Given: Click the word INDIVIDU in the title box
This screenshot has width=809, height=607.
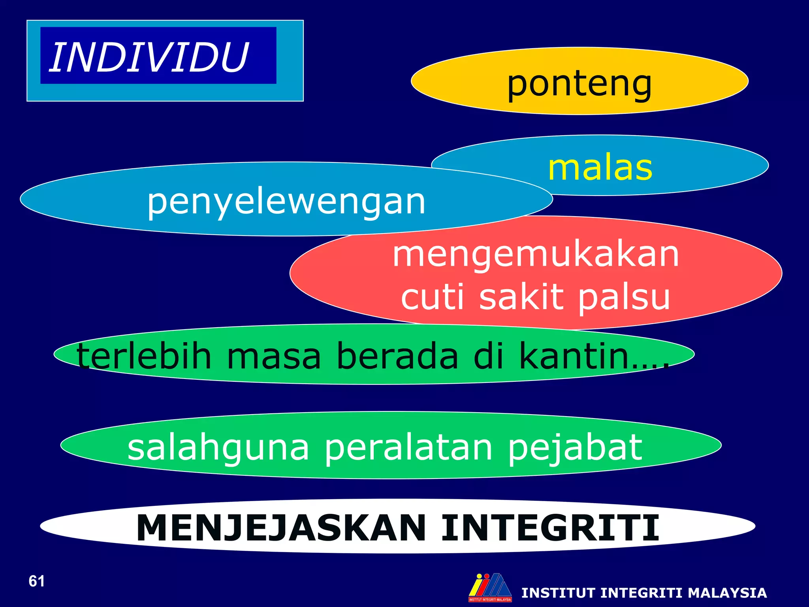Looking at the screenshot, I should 149,58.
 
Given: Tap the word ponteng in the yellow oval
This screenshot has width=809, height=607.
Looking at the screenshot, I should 579,85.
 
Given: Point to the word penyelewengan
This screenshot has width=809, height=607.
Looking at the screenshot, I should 286,202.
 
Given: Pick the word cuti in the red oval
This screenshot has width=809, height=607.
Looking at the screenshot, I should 432,297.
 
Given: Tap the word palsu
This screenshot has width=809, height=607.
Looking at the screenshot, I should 624,298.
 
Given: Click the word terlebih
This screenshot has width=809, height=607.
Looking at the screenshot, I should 144,356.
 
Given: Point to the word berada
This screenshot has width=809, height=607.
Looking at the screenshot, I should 397,356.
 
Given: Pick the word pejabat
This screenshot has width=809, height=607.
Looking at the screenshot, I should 575,448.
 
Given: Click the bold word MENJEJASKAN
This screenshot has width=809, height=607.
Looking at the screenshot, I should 281,528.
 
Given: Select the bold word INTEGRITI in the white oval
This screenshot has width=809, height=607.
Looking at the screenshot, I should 550,528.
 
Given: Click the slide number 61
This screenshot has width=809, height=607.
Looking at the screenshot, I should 36,581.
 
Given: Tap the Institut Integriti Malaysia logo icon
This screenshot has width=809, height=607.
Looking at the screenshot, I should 490,587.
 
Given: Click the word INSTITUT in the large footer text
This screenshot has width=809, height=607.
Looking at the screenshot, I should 558,593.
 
